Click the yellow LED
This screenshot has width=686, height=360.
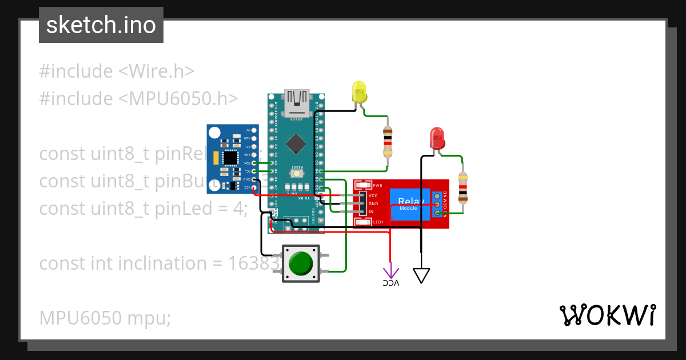point(359,93)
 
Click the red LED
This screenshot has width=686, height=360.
point(437,138)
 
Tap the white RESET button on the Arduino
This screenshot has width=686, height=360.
point(297,173)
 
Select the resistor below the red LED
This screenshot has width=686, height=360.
point(462,187)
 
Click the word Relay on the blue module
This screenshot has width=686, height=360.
point(408,201)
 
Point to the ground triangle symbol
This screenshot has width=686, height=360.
point(421,275)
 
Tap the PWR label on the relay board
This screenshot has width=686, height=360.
point(377,185)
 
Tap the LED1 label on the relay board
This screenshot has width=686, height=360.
point(378,222)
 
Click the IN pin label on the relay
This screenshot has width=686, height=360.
point(371,212)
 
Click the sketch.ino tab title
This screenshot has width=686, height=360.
point(101,25)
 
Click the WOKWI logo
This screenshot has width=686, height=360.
point(607,315)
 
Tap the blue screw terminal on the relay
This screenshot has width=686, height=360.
point(437,205)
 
